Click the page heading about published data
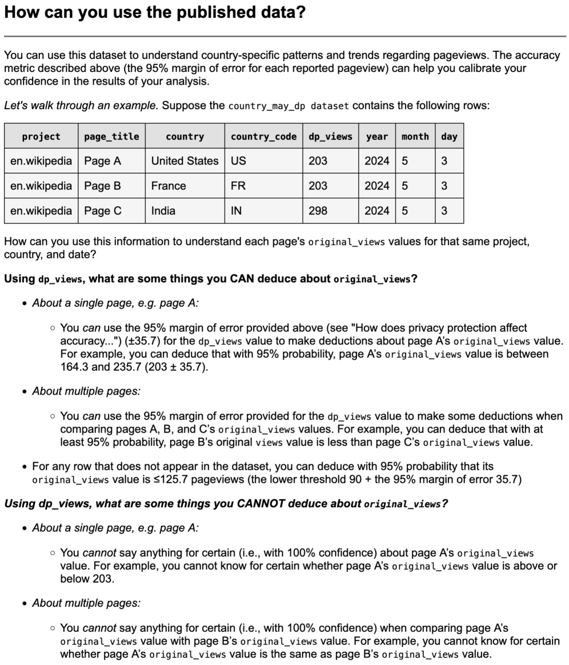pyautogui.click(x=154, y=13)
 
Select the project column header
pyautogui.click(x=41, y=137)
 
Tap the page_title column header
pyautogui.click(x=111, y=137)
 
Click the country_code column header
pyautogui.click(x=263, y=137)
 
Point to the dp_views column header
pyautogui.click(x=330, y=137)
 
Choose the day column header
pyautogui.click(x=449, y=137)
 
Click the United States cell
pyautogui.click(x=185, y=161)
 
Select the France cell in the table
pyautogui.click(x=169, y=186)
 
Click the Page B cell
pyautogui.click(x=103, y=186)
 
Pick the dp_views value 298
pyautogui.click(x=318, y=211)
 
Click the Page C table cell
pyautogui.click(x=103, y=211)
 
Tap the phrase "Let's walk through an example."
pyautogui.click(x=82, y=106)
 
